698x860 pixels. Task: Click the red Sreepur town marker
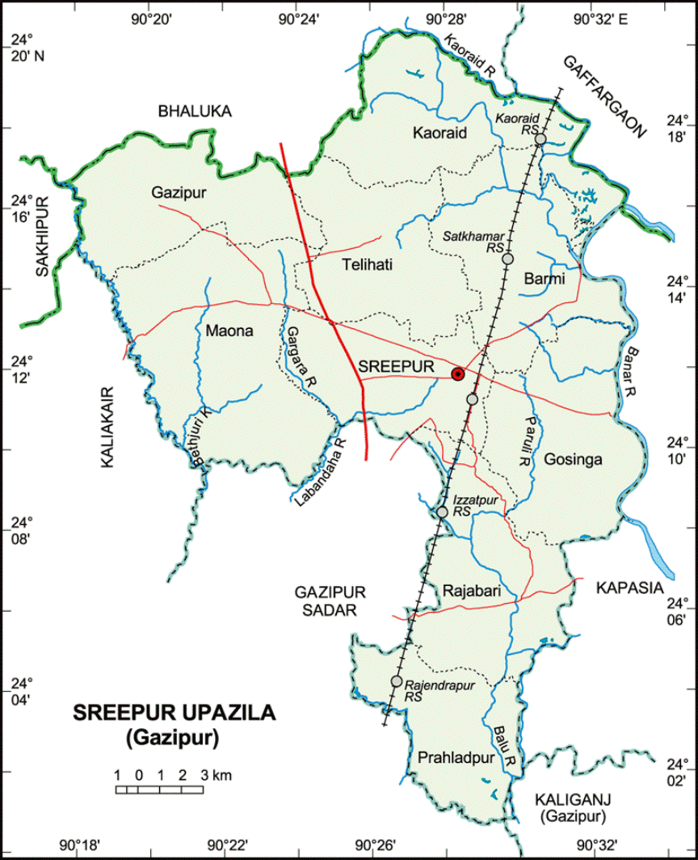click(x=458, y=373)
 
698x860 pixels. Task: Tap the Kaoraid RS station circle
click(x=540, y=140)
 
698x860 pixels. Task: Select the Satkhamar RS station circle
click(x=508, y=259)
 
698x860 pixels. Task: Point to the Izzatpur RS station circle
click(x=442, y=512)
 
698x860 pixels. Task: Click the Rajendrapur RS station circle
click(x=397, y=681)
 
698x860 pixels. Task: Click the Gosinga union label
click(x=573, y=459)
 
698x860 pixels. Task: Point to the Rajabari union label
click(x=472, y=592)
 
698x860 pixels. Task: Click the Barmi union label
click(x=545, y=279)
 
